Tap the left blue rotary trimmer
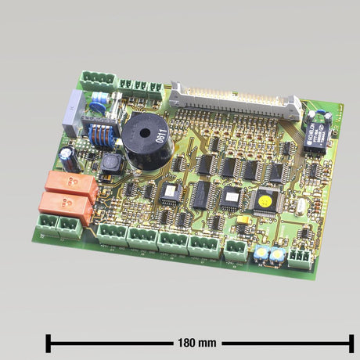click(259, 253)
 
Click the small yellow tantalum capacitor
click(243, 221)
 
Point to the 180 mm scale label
click(196, 343)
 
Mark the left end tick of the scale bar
click(49, 343)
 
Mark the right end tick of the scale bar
click(351, 343)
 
